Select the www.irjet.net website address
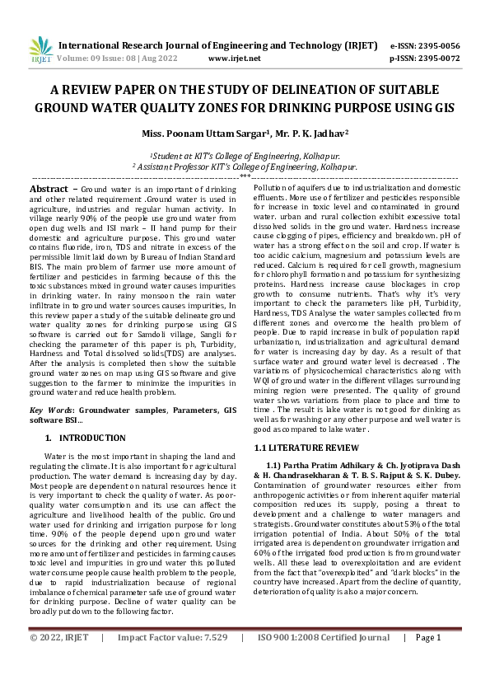click(234, 59)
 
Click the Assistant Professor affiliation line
click(245, 166)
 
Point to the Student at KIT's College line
click(245, 155)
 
